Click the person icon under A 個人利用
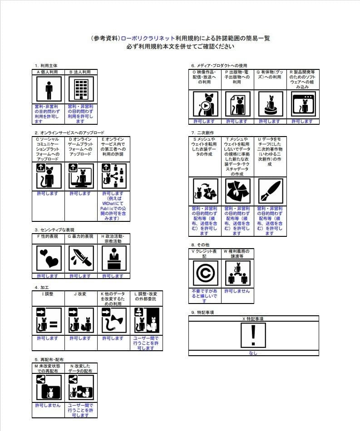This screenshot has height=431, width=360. (x=48, y=90)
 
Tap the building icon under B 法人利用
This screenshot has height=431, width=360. (x=81, y=90)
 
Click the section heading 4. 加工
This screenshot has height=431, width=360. (x=42, y=288)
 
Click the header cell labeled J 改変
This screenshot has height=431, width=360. (x=81, y=294)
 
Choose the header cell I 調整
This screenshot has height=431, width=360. (x=48, y=294)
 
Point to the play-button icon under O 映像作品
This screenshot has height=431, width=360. (x=205, y=105)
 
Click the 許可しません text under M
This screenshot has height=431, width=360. (x=48, y=405)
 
